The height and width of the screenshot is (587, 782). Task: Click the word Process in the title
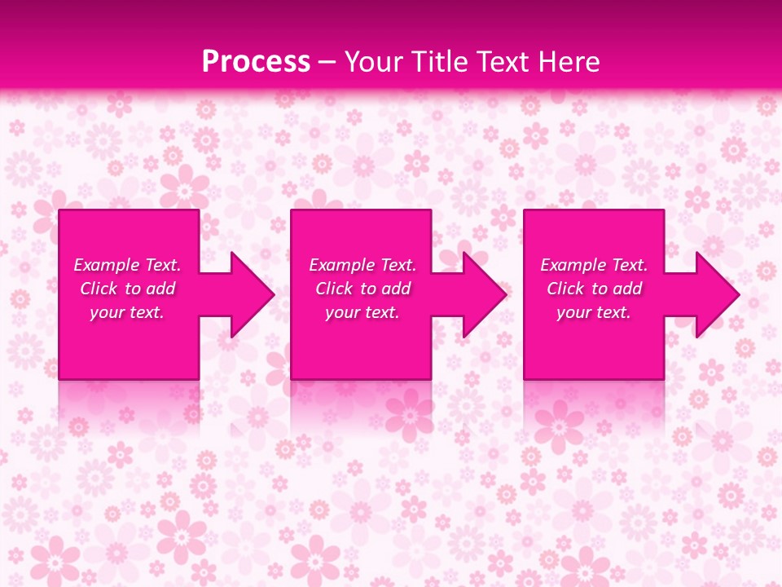(x=256, y=62)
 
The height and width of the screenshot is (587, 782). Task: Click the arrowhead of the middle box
(x=483, y=294)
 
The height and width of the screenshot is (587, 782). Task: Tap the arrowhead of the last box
(x=716, y=294)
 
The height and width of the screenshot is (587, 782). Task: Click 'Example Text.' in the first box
(x=128, y=265)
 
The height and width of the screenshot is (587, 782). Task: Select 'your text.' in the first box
(x=127, y=312)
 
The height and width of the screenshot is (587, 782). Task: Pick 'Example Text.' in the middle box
(x=362, y=265)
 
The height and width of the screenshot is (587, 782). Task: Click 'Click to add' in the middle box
(x=362, y=289)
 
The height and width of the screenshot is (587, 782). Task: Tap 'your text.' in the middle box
(x=362, y=312)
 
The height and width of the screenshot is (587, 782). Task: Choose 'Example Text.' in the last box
(x=594, y=265)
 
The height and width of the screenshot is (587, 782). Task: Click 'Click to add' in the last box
(x=594, y=289)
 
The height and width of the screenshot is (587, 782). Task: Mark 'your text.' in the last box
(x=593, y=312)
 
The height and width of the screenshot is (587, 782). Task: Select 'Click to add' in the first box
(x=128, y=289)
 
